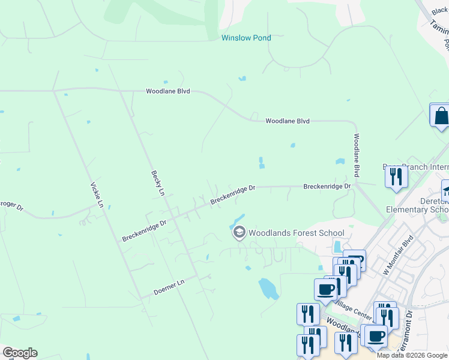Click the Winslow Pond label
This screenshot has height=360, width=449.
tap(246, 38)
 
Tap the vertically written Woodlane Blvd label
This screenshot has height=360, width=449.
tap(356, 155)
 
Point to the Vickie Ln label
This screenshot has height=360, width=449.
tap(97, 195)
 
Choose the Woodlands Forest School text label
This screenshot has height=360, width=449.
tap(297, 233)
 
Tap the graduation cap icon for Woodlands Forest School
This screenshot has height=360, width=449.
tap(239, 232)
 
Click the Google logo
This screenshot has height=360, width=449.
tap(20, 353)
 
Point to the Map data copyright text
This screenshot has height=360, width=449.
tap(412, 355)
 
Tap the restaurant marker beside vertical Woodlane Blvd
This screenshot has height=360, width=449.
tap(396, 177)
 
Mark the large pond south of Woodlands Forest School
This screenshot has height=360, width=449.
tap(268, 289)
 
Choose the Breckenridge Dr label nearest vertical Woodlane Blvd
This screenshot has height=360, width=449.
tap(327, 187)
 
